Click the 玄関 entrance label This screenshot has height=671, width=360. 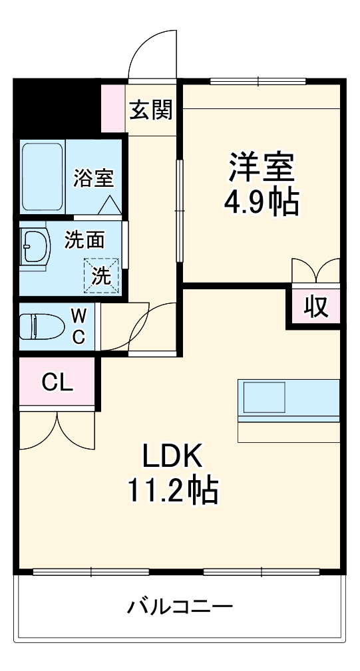[150, 110]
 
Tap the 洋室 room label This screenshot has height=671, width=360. [262, 167]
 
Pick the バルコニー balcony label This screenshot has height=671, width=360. [180, 606]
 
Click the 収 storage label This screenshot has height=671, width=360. [316, 307]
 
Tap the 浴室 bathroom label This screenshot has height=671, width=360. [93, 178]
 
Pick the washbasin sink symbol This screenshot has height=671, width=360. [35, 247]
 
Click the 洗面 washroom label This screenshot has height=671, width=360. [85, 239]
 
